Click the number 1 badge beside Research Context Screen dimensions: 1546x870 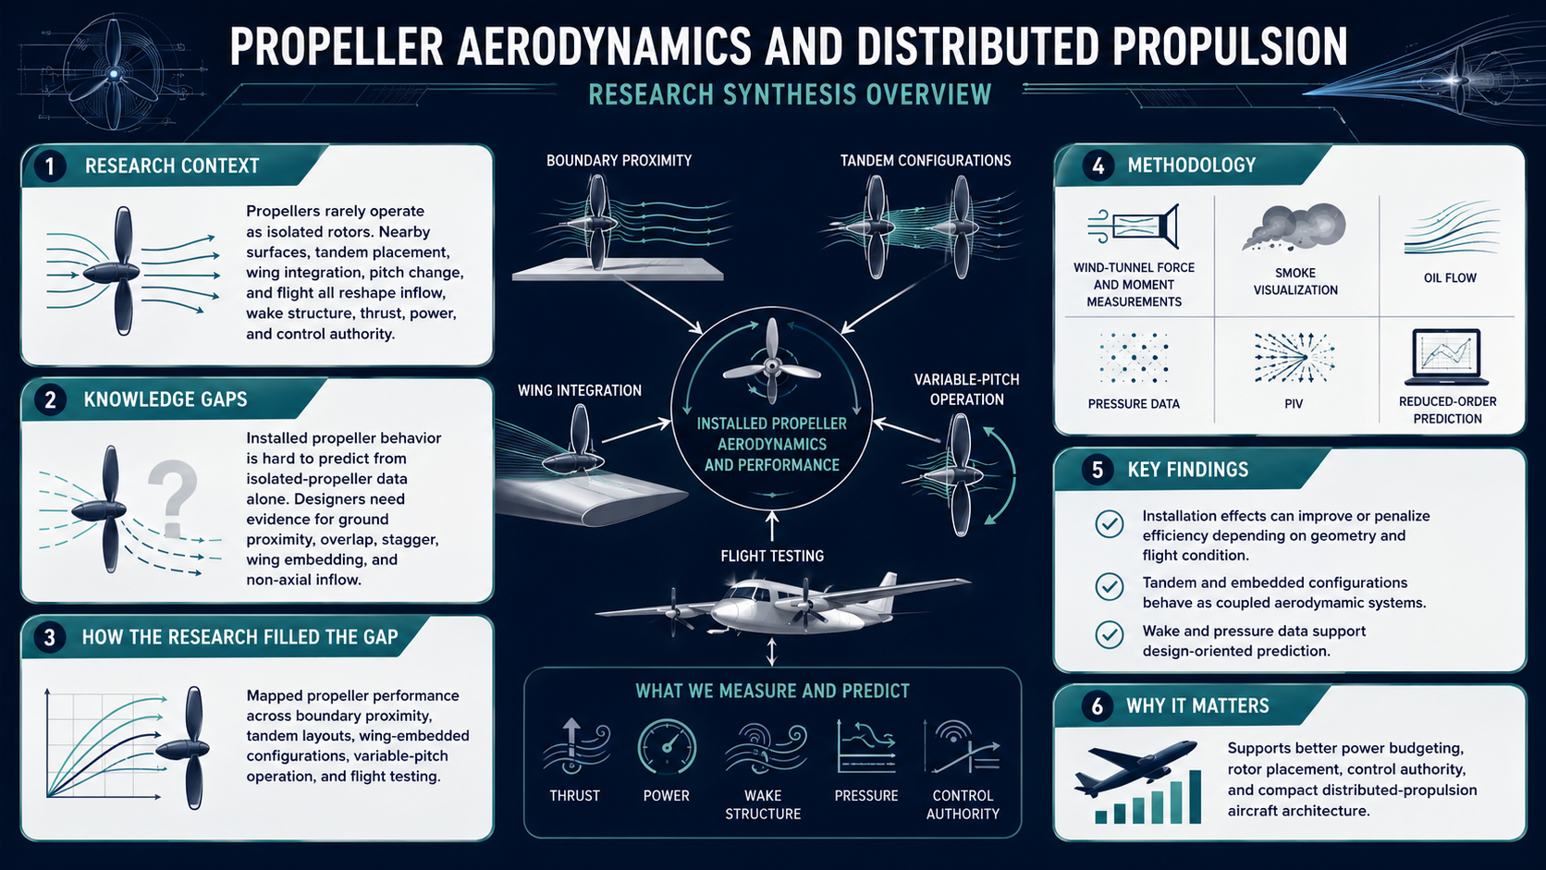tap(49, 166)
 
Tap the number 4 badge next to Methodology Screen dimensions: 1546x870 tap(1098, 165)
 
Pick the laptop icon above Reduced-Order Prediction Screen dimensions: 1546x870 tap(1447, 357)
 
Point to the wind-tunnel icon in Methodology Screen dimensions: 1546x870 tap(1134, 227)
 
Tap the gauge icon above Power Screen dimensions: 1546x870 tap(667, 746)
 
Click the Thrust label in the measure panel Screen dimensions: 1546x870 tap(575, 795)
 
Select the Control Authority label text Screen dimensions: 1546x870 tap(963, 804)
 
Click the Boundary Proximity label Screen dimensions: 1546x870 tap(620, 161)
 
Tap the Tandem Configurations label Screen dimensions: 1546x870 tap(926, 161)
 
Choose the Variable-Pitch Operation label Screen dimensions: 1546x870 tap(966, 389)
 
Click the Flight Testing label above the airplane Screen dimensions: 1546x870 tap(772, 556)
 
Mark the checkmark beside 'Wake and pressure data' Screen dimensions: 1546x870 tap(1110, 635)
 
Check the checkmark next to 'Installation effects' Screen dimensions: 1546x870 tap(1110, 523)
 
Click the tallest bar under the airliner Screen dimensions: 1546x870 tap(1195, 797)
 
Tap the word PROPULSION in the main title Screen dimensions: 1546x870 tap(1229, 47)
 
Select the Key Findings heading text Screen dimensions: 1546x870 tap(1188, 470)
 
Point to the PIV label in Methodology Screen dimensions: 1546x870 tap(1294, 404)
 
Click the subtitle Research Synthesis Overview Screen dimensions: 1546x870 tap(790, 94)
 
